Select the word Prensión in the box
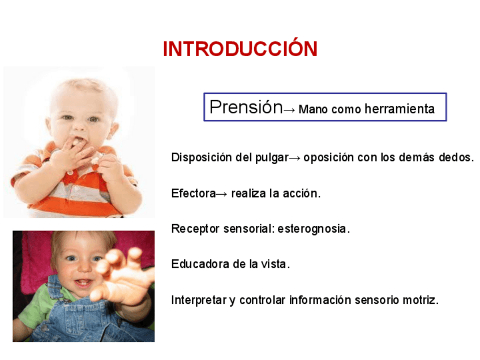[x=246, y=107]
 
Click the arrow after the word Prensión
[x=289, y=110]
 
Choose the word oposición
[x=328, y=158]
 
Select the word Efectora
[x=194, y=194]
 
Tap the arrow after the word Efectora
[x=222, y=194]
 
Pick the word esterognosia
[x=314, y=229]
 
